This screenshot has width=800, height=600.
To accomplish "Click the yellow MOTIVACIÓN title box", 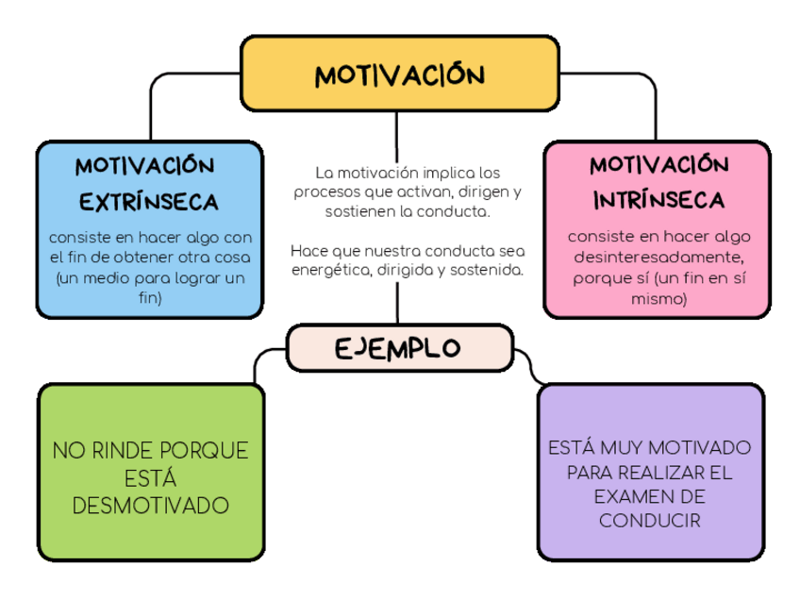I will coord(399,75).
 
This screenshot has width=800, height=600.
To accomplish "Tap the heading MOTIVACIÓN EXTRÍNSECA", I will coord(147,183).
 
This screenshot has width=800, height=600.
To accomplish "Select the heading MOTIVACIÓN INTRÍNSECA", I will coord(658,183).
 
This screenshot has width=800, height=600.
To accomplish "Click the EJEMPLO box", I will coord(399,348).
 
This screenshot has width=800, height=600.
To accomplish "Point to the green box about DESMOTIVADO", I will coord(151,472).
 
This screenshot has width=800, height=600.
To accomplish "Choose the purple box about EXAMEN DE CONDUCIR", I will coord(650,472).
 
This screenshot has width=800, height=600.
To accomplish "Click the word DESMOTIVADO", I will coord(151,507).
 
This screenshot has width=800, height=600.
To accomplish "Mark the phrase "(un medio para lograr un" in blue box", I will coord(150,278).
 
